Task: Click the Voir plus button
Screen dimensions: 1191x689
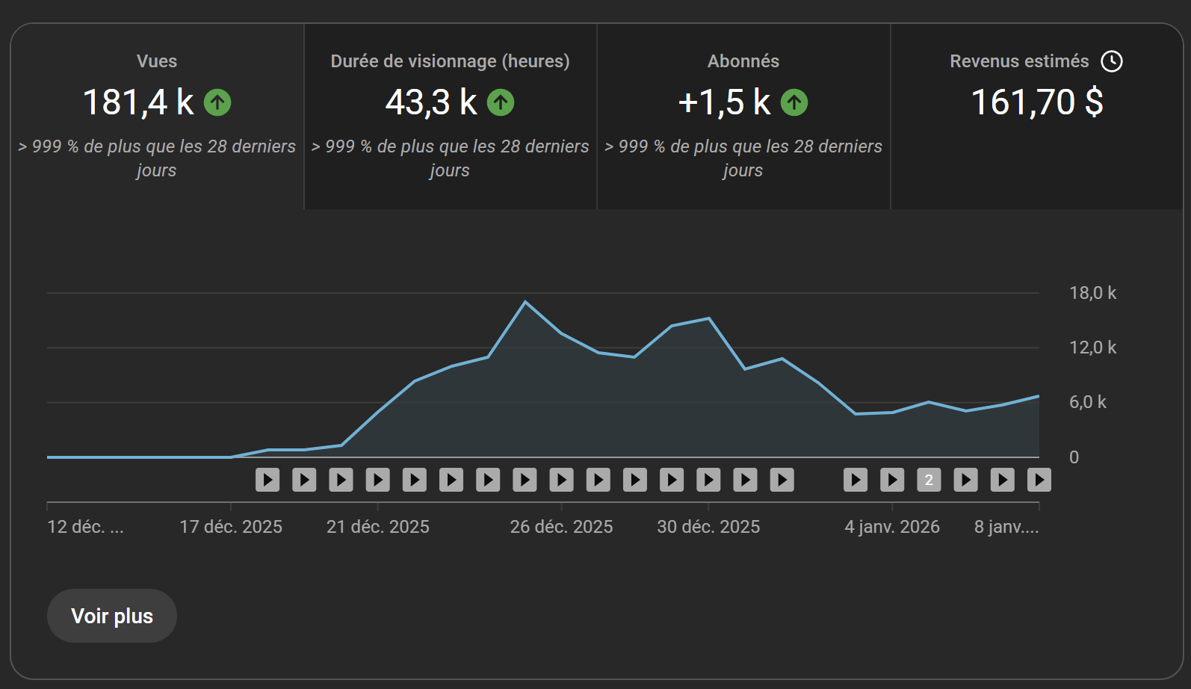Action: (x=111, y=616)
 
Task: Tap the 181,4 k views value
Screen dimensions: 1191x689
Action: (x=138, y=102)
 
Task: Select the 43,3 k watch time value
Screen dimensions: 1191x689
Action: (x=430, y=102)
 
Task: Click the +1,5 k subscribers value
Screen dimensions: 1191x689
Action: (x=724, y=102)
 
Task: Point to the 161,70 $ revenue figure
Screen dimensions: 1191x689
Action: (x=1037, y=102)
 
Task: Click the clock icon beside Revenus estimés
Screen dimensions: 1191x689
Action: (x=1112, y=61)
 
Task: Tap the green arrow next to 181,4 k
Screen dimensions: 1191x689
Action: (x=217, y=102)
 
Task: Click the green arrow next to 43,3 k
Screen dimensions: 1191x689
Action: (x=501, y=102)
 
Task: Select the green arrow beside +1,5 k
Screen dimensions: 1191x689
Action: (x=794, y=102)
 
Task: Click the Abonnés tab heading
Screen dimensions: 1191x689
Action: (x=743, y=61)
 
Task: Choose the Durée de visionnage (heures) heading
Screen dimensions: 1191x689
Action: (x=450, y=61)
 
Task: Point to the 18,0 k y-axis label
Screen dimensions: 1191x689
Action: (x=1092, y=293)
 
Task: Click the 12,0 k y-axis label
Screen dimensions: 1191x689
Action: (x=1092, y=347)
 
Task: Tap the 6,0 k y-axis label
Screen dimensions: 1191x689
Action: (x=1087, y=403)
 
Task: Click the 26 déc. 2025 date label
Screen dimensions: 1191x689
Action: (x=561, y=527)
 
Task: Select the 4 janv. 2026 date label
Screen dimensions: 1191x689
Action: (x=892, y=527)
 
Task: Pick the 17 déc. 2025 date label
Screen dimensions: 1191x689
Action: (x=231, y=527)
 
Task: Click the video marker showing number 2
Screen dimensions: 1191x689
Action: (x=929, y=480)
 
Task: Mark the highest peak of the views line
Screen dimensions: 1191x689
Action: (x=525, y=302)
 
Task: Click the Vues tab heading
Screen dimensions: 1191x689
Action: (x=157, y=61)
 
